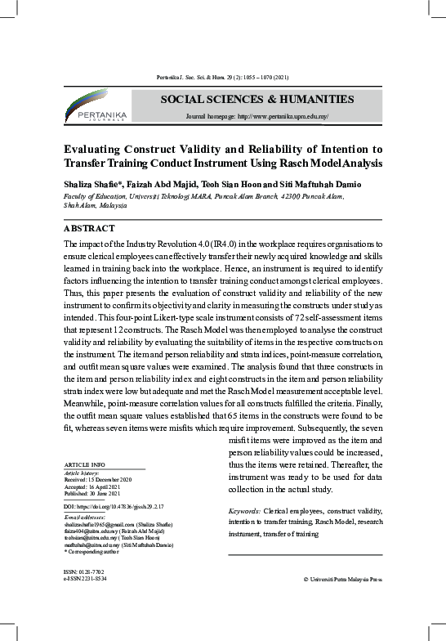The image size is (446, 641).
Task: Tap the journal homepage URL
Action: (257, 117)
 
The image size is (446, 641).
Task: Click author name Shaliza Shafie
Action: (90, 184)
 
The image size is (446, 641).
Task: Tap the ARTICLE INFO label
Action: (84, 465)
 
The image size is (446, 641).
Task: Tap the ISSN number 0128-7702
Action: (84, 571)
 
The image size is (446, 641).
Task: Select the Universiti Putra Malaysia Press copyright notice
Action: (342, 578)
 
